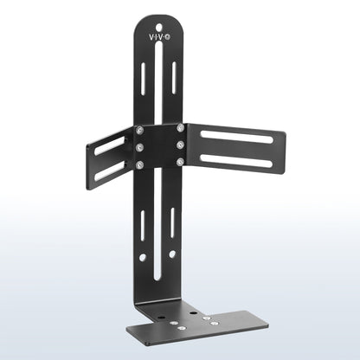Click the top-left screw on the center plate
(139, 131)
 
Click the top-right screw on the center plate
(180, 129)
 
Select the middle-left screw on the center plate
(139, 146)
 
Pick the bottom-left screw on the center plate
(139, 163)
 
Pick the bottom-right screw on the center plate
(180, 161)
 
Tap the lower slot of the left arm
(108, 170)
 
